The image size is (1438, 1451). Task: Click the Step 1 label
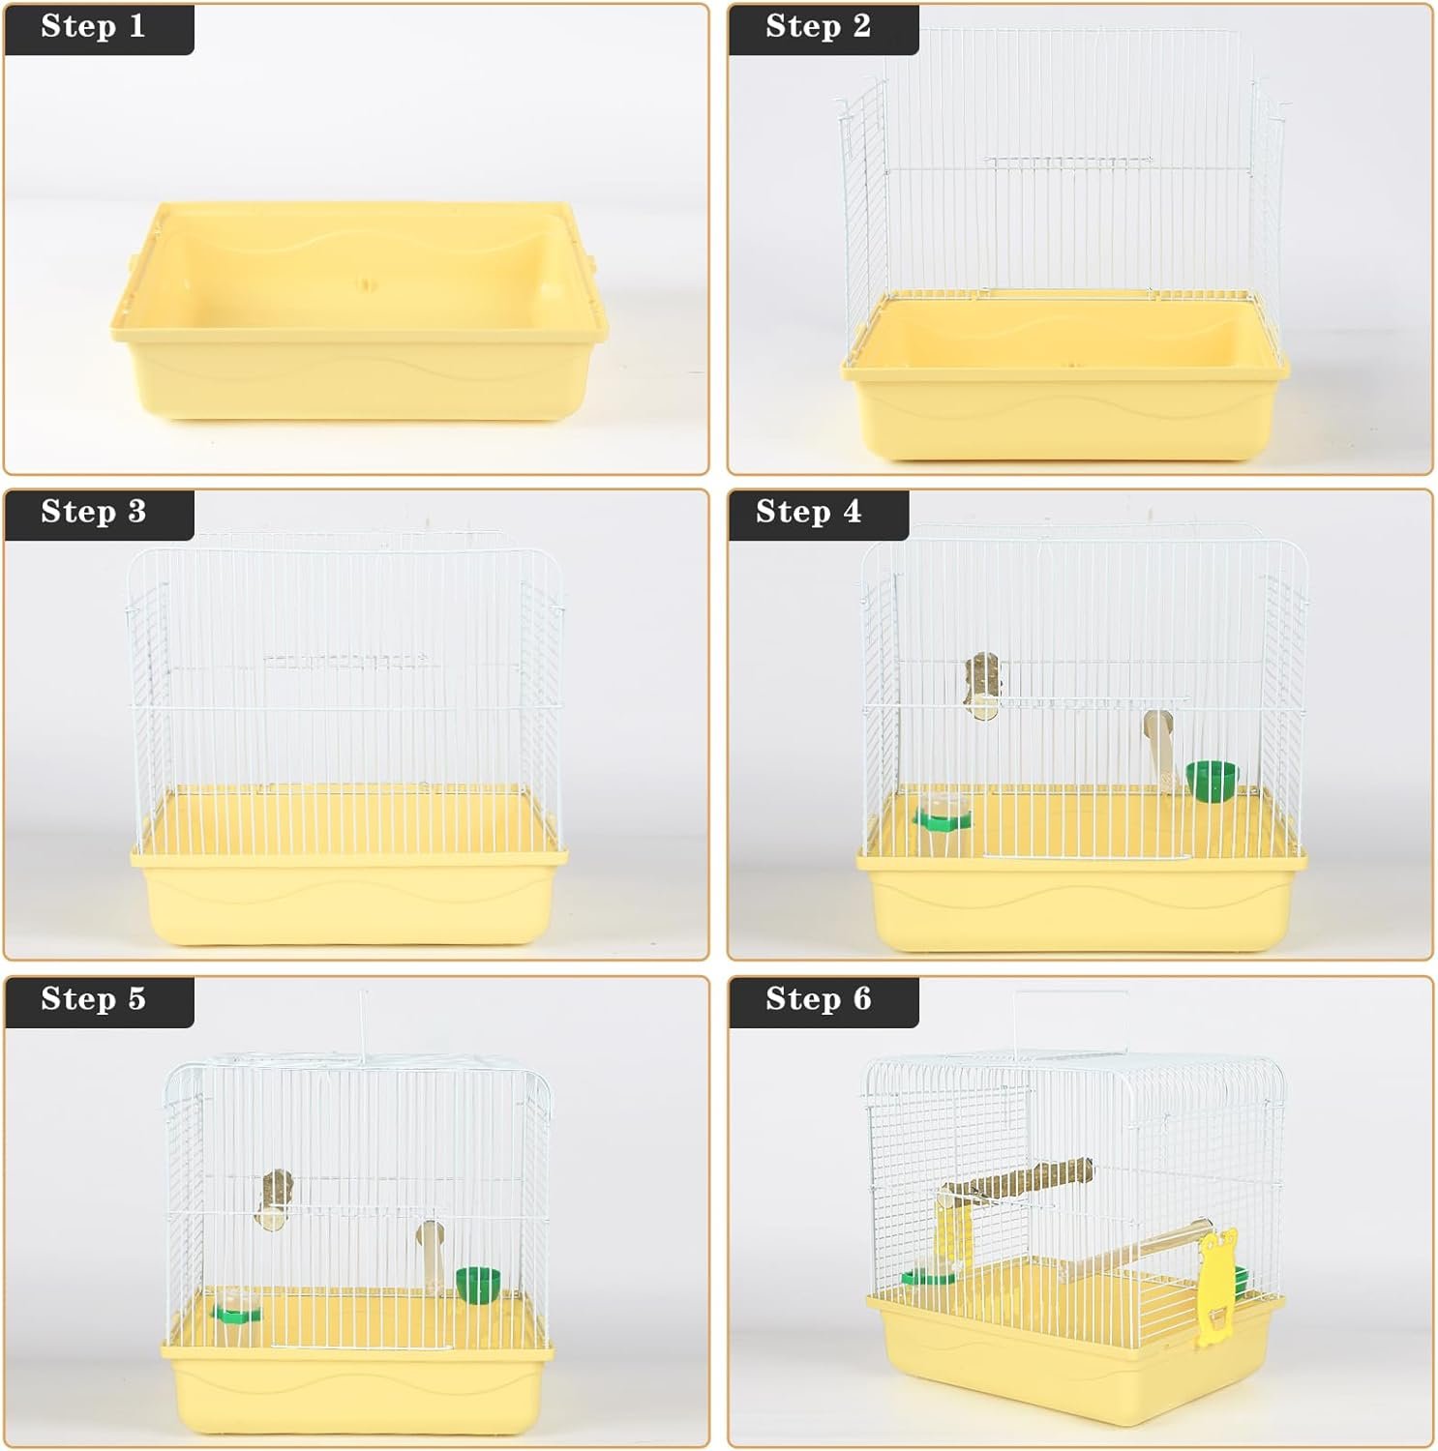(x=93, y=26)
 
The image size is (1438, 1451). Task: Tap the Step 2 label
(x=818, y=26)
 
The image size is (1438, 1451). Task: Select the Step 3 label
(x=93, y=512)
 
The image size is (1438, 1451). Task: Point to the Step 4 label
(x=808, y=512)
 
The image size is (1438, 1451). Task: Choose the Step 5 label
(x=93, y=998)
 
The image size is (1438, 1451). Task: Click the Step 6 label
(x=818, y=998)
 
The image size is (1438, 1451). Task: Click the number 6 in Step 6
(x=861, y=998)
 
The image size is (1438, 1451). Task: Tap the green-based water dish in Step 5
(x=236, y=1305)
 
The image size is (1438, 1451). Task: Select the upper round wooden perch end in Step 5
(x=276, y=1200)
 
